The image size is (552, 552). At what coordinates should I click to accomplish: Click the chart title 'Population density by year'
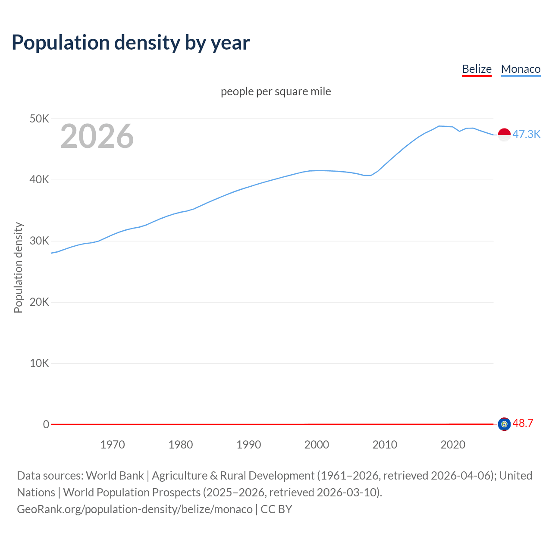(x=131, y=43)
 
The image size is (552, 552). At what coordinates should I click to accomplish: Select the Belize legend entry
(x=477, y=69)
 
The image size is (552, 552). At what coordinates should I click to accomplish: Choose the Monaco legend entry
(x=521, y=69)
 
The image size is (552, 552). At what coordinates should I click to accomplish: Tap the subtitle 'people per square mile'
(x=276, y=92)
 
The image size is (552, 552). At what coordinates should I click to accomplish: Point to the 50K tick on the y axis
(x=40, y=119)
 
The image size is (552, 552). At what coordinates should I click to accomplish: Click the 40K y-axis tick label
(x=40, y=180)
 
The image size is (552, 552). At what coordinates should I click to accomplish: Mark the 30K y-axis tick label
(x=40, y=241)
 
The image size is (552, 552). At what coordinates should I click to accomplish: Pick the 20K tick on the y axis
(x=40, y=302)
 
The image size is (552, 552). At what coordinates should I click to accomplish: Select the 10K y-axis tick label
(x=40, y=363)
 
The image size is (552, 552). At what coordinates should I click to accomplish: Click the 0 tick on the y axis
(x=46, y=424)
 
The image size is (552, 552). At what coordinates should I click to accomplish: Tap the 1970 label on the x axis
(x=113, y=445)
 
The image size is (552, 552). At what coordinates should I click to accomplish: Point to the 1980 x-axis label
(x=181, y=445)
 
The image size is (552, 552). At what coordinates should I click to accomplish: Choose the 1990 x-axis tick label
(x=249, y=445)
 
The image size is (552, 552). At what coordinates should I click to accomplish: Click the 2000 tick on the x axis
(x=317, y=445)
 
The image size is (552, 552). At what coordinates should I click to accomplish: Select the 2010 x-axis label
(x=385, y=445)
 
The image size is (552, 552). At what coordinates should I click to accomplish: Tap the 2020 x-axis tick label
(x=453, y=445)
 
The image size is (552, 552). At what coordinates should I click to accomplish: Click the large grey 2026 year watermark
(x=97, y=136)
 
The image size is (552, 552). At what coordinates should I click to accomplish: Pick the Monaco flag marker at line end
(x=504, y=135)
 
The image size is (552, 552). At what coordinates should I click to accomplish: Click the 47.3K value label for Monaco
(x=526, y=134)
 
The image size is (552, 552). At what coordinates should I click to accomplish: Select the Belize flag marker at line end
(x=504, y=424)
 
